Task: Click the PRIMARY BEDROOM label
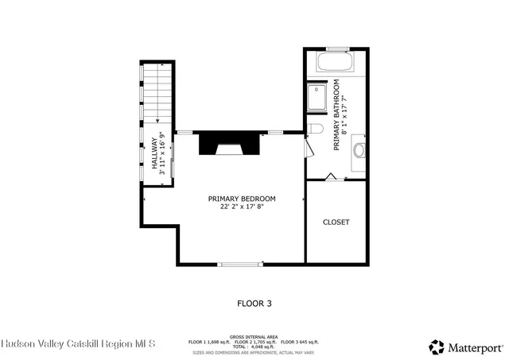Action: pyautogui.click(x=242, y=199)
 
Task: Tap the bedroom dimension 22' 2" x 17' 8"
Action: pyautogui.click(x=242, y=207)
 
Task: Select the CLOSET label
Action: pyautogui.click(x=336, y=222)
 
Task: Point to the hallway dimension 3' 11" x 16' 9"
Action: pyautogui.click(x=163, y=152)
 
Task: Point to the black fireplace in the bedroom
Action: pyautogui.click(x=228, y=144)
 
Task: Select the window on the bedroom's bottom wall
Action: pyautogui.click(x=241, y=263)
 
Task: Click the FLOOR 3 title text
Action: pyautogui.click(x=254, y=303)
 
